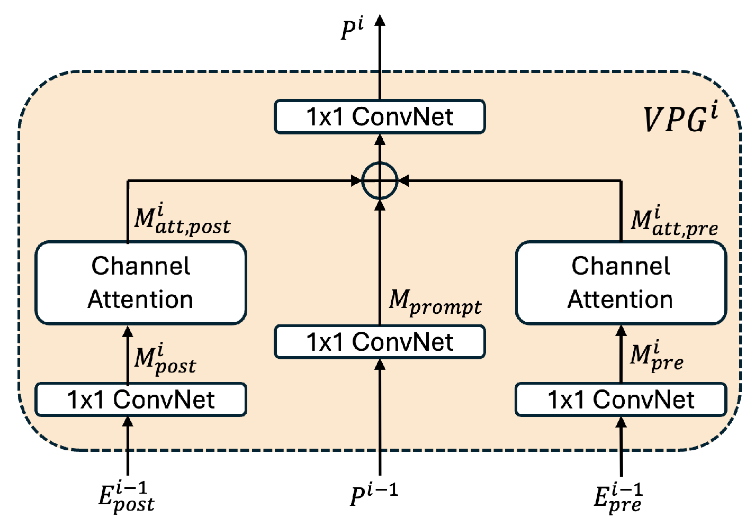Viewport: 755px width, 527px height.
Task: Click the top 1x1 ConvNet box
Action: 380,116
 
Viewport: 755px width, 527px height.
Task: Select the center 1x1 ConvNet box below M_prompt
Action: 380,342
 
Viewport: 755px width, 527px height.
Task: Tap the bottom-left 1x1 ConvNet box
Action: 140,399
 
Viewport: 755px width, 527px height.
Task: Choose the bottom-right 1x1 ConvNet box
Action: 621,399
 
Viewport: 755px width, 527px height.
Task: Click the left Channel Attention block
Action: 140,283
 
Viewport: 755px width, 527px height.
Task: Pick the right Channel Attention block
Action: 621,283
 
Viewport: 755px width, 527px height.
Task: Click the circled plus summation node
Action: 380,180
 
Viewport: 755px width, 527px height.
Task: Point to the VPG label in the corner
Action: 681,119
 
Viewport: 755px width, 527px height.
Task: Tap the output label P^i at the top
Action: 352,30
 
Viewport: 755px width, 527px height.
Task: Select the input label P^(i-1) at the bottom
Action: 374,494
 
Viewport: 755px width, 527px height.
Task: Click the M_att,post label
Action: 182,221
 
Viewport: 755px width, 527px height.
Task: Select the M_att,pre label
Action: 674,222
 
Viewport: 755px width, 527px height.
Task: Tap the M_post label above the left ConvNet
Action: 165,359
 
